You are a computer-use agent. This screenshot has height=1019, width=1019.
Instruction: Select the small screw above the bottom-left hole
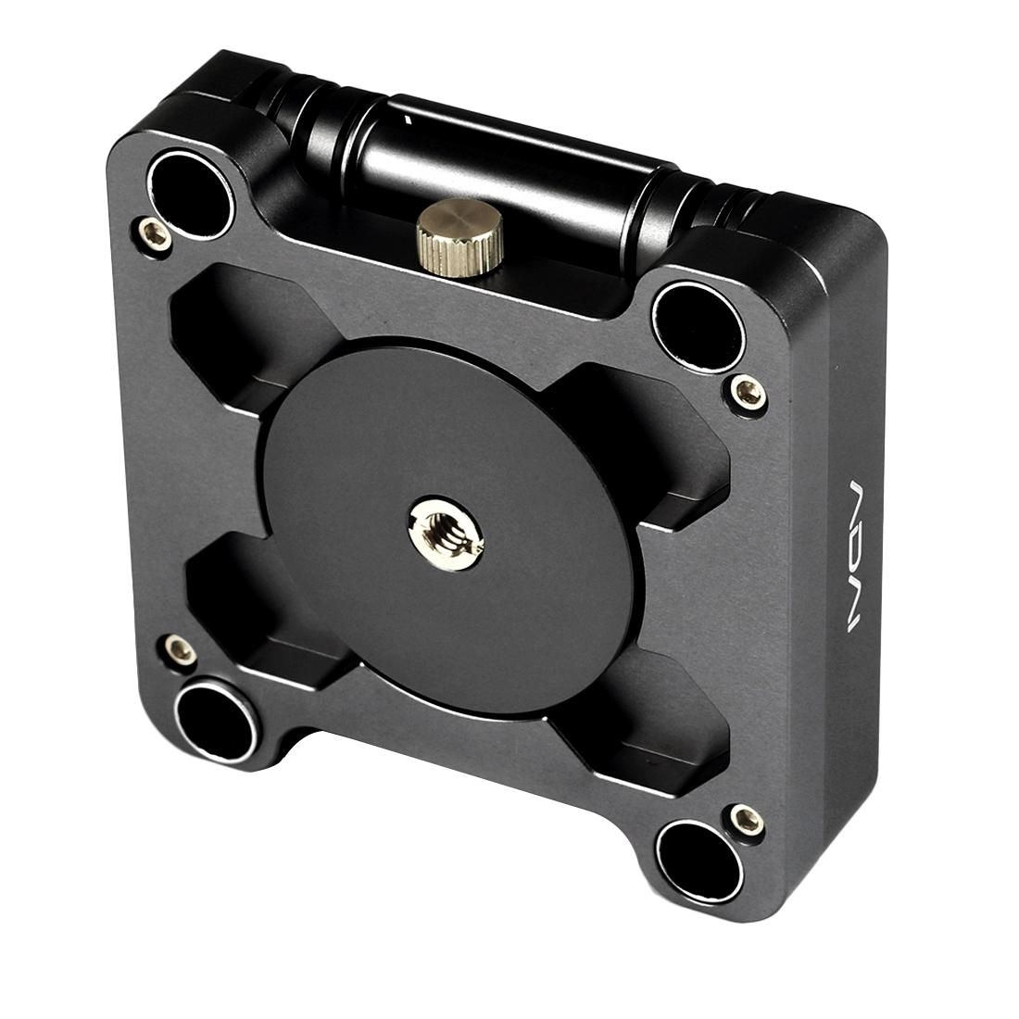click(177, 648)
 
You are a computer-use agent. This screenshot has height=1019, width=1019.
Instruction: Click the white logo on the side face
click(858, 556)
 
